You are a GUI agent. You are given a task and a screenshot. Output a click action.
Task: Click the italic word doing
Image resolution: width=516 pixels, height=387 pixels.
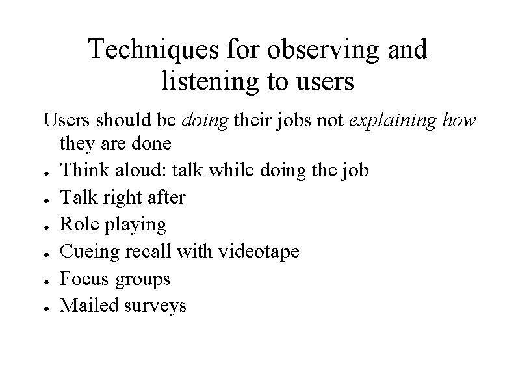(x=206, y=121)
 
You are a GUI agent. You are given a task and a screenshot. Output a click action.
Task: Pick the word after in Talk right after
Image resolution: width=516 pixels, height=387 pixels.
(x=164, y=197)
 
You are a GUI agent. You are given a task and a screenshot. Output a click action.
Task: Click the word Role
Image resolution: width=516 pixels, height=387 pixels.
(x=77, y=224)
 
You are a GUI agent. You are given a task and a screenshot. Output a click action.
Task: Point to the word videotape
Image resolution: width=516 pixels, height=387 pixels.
(x=257, y=252)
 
